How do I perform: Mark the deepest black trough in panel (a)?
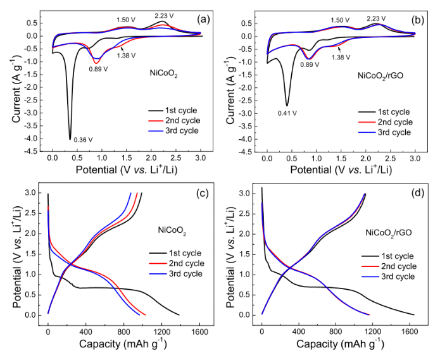click(70, 139)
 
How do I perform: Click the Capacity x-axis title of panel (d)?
click(337, 345)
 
